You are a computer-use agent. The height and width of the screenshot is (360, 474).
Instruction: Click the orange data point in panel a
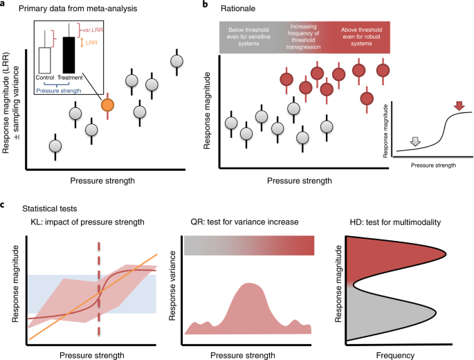point(107,105)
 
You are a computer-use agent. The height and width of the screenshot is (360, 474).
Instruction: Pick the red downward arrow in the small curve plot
point(459,105)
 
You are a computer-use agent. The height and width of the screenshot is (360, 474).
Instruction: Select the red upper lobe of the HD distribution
point(388,260)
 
